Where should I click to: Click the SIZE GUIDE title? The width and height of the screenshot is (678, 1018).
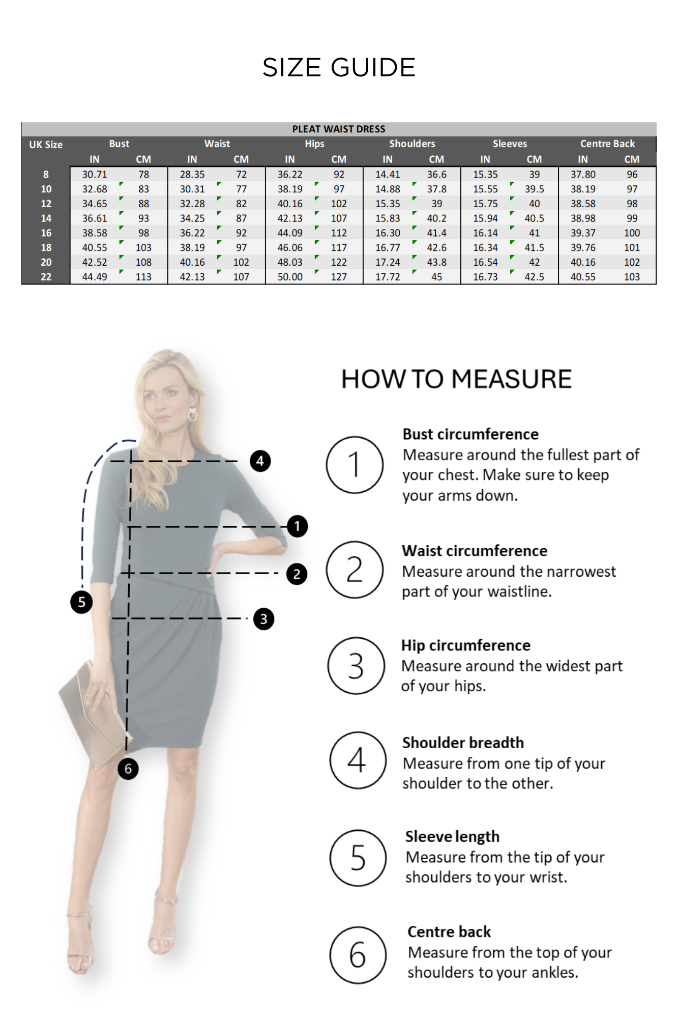pos(339,68)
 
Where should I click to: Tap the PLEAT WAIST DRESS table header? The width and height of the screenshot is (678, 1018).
pos(339,129)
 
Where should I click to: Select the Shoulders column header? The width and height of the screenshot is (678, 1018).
pos(412,144)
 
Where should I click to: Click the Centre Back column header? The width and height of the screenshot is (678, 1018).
pos(607,144)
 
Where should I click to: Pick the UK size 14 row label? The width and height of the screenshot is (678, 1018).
pos(46,218)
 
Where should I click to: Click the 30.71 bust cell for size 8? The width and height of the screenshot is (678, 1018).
pos(95,175)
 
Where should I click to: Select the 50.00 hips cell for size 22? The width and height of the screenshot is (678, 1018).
pos(290,277)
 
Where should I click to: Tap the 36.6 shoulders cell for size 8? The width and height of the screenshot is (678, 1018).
pos(436,175)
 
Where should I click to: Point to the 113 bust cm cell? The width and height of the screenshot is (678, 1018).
pos(143,277)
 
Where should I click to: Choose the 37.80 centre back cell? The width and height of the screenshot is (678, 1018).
pos(583,175)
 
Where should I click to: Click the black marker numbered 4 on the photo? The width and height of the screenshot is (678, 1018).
pos(260,461)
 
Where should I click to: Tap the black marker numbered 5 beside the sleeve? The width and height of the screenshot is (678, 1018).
pos(81,602)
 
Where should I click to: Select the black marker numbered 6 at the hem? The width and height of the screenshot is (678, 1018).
pos(128,769)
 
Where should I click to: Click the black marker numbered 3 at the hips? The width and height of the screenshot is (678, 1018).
pos(263,619)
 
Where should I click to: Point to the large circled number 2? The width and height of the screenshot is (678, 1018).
pos(355,570)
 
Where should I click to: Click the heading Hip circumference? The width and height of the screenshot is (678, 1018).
pos(465,645)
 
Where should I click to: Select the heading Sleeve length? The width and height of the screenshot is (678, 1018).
pos(452,836)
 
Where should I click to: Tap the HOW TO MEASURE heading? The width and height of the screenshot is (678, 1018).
pos(456,379)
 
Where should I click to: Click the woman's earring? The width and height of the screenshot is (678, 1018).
pos(193,413)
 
